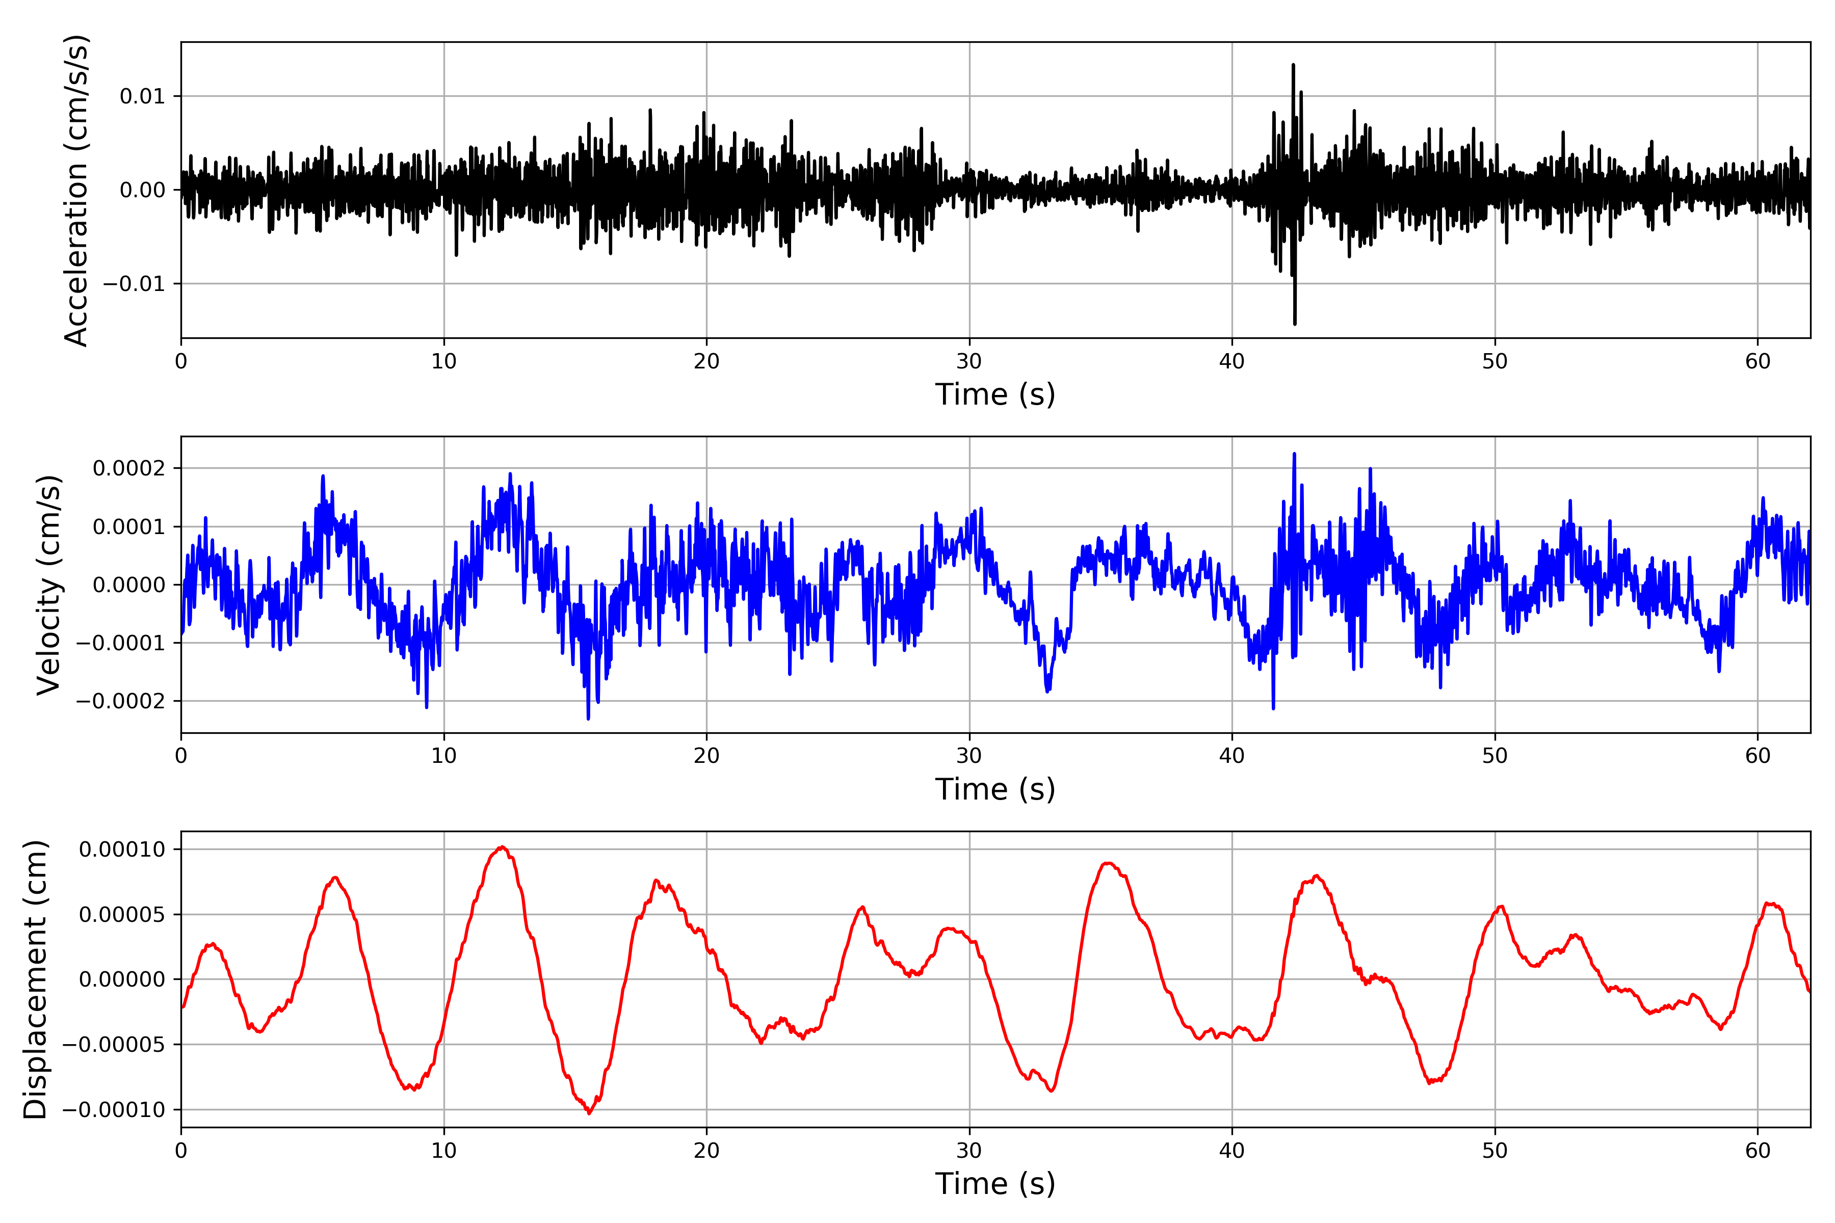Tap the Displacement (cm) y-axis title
[x=35, y=979]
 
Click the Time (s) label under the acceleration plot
[x=995, y=394]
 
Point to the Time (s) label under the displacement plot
[x=995, y=1184]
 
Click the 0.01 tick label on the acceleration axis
[x=143, y=97]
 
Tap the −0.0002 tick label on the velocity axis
[x=121, y=701]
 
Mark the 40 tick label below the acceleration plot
[x=1232, y=362]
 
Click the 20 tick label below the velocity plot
[x=707, y=756]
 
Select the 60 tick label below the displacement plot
[x=1758, y=1151]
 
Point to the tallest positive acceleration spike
[x=1293, y=66]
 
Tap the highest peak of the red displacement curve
[x=502, y=847]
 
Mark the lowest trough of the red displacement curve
[x=589, y=1113]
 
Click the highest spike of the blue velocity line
[x=1294, y=455]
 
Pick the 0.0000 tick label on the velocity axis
[x=129, y=585]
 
